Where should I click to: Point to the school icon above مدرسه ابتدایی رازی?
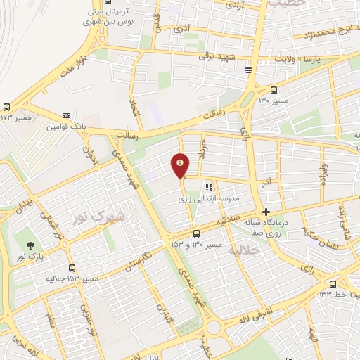[x=208, y=187]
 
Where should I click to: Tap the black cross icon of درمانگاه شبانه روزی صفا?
[x=266, y=212]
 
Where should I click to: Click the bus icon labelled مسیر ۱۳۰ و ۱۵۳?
[x=196, y=233]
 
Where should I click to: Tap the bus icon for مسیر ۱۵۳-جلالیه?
[x=72, y=268]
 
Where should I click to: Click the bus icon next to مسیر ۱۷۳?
[x=6, y=107]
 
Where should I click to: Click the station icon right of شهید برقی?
[x=248, y=70]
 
